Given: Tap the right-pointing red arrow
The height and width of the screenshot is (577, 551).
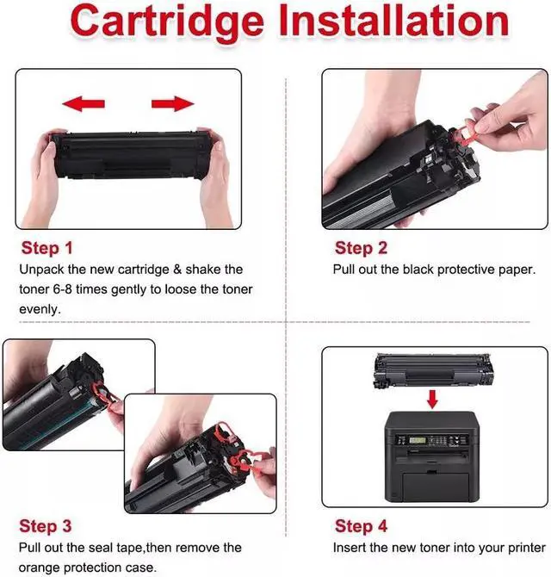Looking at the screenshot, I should (x=172, y=104).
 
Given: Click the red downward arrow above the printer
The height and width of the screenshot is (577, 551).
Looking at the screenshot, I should (x=432, y=399).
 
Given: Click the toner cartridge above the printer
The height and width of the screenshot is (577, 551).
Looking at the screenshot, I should (x=432, y=370).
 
